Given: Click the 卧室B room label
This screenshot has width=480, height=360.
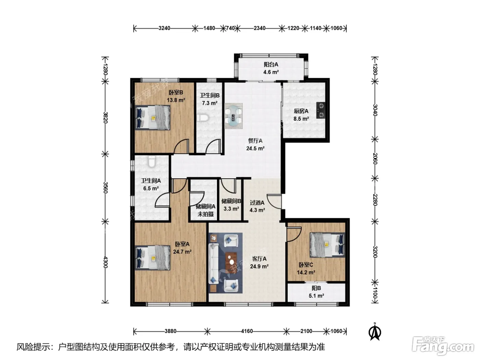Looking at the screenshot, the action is [x=176, y=93].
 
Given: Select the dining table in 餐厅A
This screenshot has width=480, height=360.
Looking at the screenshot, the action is [x=233, y=116].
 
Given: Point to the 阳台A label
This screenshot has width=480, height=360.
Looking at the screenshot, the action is [x=271, y=64].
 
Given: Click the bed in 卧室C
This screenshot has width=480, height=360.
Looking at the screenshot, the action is [x=327, y=245].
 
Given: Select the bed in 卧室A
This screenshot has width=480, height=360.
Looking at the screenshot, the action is [x=153, y=258].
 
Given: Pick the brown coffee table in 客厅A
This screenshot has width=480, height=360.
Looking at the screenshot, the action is [x=231, y=263].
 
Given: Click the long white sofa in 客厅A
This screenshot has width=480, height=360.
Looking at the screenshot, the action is [x=214, y=264].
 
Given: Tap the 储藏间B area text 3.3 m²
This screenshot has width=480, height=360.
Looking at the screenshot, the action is [x=231, y=209].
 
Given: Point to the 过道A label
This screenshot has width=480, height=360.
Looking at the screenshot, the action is [x=257, y=203].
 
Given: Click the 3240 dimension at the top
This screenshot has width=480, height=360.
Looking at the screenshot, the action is [x=164, y=28].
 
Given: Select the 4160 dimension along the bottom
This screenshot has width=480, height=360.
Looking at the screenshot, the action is [x=247, y=331].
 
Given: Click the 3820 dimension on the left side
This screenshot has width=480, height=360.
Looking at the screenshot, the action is [x=105, y=118].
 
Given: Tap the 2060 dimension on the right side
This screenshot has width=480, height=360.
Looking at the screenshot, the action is [x=375, y=159].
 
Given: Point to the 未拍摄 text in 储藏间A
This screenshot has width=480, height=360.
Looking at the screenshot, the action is [x=205, y=214].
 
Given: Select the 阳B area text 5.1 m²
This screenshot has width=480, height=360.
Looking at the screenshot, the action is [x=316, y=296].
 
